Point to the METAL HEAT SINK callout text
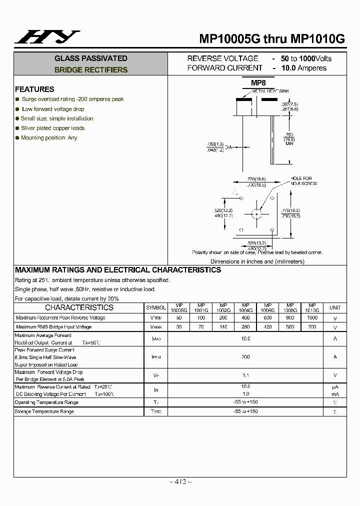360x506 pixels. pyautogui.click(x=270, y=91)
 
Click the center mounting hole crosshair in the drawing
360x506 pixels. pyautogui.click(x=257, y=214)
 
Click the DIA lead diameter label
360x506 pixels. pyautogui.click(x=228, y=147)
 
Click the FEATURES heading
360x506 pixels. pyautogui.click(x=34, y=89)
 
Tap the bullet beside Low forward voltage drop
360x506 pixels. pyautogui.click(x=17, y=109)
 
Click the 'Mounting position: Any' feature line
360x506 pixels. pyautogui.click(x=49, y=137)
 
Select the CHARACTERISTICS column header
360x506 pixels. pyautogui.click(x=79, y=307)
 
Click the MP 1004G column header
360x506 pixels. pyautogui.click(x=245, y=307)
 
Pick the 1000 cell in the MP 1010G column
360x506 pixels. pyautogui.click(x=312, y=318)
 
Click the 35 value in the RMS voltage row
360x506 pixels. pyautogui.click(x=179, y=327)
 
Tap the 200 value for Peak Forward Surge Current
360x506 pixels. pyautogui.click(x=245, y=357)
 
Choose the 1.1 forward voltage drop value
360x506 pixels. pyautogui.click(x=245, y=375)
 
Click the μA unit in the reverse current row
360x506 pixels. pyautogui.click(x=335, y=387)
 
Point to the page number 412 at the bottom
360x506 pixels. pyautogui.click(x=180, y=481)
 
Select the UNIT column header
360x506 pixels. pyautogui.click(x=335, y=307)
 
